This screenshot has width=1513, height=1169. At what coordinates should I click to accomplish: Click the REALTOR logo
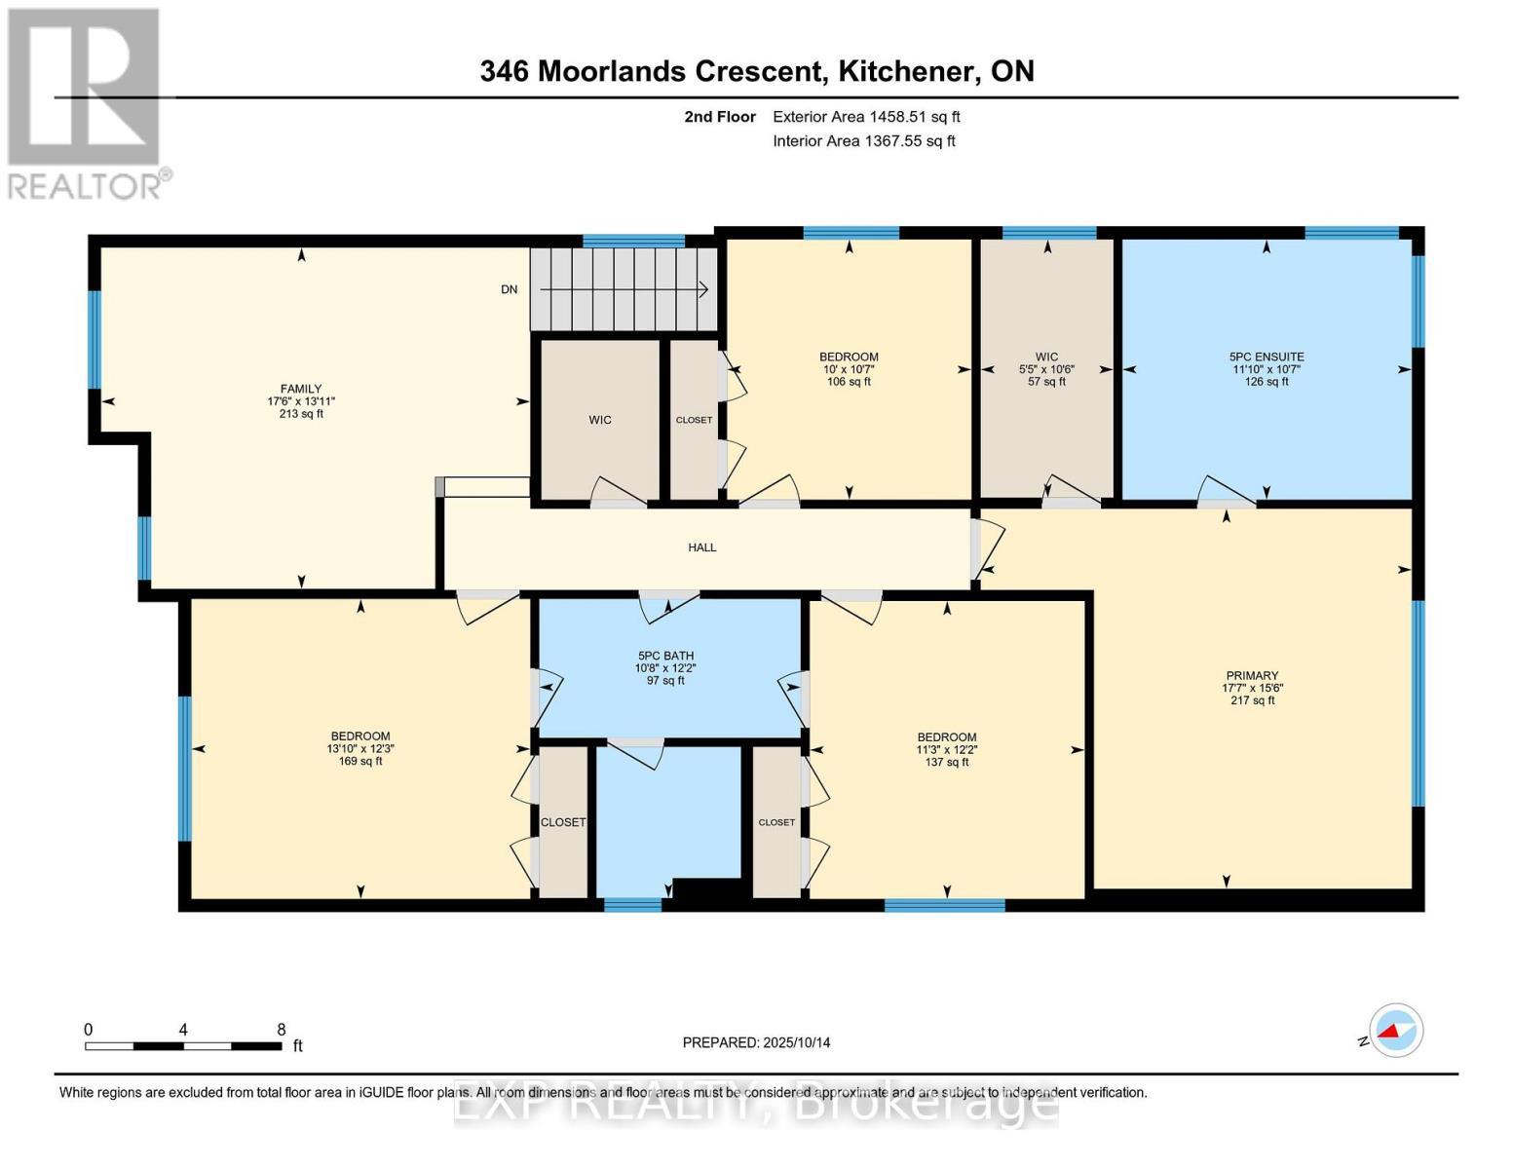(86, 102)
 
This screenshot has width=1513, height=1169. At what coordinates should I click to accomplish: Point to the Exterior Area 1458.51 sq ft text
(866, 117)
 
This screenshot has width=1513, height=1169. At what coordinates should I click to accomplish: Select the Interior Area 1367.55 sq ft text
(863, 141)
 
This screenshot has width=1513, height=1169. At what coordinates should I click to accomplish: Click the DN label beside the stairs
(509, 289)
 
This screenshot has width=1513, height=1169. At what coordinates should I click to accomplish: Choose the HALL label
(701, 547)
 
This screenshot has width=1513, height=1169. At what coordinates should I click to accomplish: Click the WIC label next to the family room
(600, 420)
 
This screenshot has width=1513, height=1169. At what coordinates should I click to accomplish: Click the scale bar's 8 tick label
(282, 1030)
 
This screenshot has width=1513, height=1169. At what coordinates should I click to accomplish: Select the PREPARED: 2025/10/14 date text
(756, 1042)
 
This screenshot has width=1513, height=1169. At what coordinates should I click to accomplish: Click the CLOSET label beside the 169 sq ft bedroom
(563, 822)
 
